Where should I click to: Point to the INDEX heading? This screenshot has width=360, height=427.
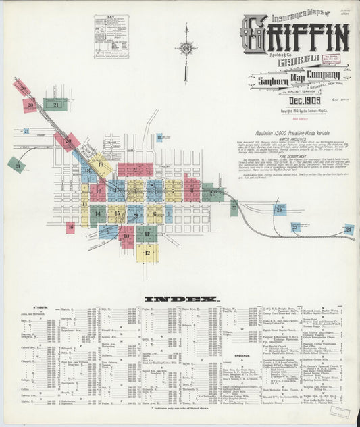182,298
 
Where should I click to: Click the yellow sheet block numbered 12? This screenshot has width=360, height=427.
147,253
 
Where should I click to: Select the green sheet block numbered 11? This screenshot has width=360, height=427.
147,234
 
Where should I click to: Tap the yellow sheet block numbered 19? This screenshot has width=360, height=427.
101,164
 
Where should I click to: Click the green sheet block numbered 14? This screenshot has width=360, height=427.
99,215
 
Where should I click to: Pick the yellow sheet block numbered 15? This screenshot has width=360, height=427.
117,214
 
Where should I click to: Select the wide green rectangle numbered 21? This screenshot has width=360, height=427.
55,105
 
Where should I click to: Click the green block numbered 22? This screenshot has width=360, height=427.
16,165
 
